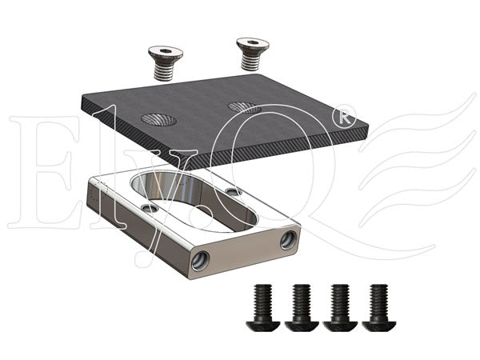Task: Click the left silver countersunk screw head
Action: (x=166, y=53)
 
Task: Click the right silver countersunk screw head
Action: (x=253, y=44)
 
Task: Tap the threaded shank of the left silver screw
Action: (x=164, y=72)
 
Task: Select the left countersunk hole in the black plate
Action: (x=158, y=119)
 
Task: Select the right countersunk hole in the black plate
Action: (x=244, y=107)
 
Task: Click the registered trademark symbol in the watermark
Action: (x=344, y=117)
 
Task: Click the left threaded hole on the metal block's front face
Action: (x=200, y=261)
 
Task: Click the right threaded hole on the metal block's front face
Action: (x=288, y=240)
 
